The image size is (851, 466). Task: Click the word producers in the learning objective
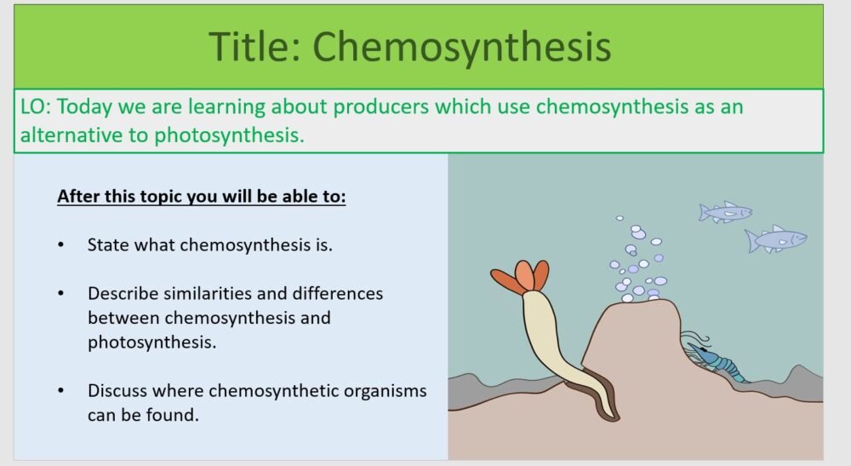[380, 107]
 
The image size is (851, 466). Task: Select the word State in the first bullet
[106, 245]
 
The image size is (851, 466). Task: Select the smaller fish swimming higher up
[725, 211]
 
